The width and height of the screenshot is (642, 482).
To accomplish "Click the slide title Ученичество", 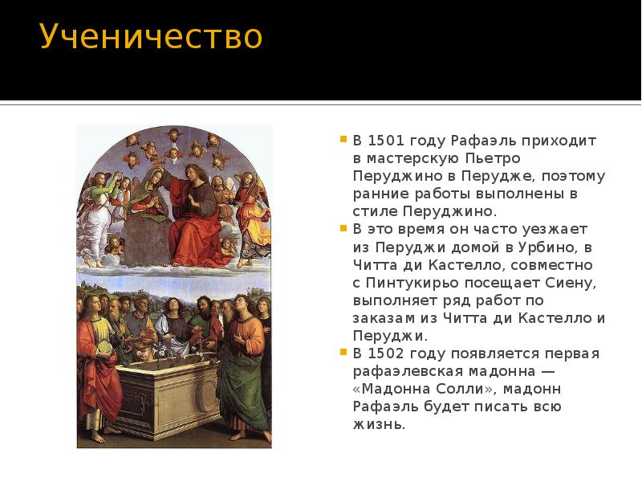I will click(x=151, y=37).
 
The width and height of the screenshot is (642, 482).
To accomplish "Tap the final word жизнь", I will click(x=378, y=424).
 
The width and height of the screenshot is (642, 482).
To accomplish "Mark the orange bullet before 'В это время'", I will click(x=343, y=227).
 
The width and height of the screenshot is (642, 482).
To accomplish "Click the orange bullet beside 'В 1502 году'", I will click(x=343, y=352).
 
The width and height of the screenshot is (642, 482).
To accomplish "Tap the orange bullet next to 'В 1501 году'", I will click(x=343, y=138).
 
